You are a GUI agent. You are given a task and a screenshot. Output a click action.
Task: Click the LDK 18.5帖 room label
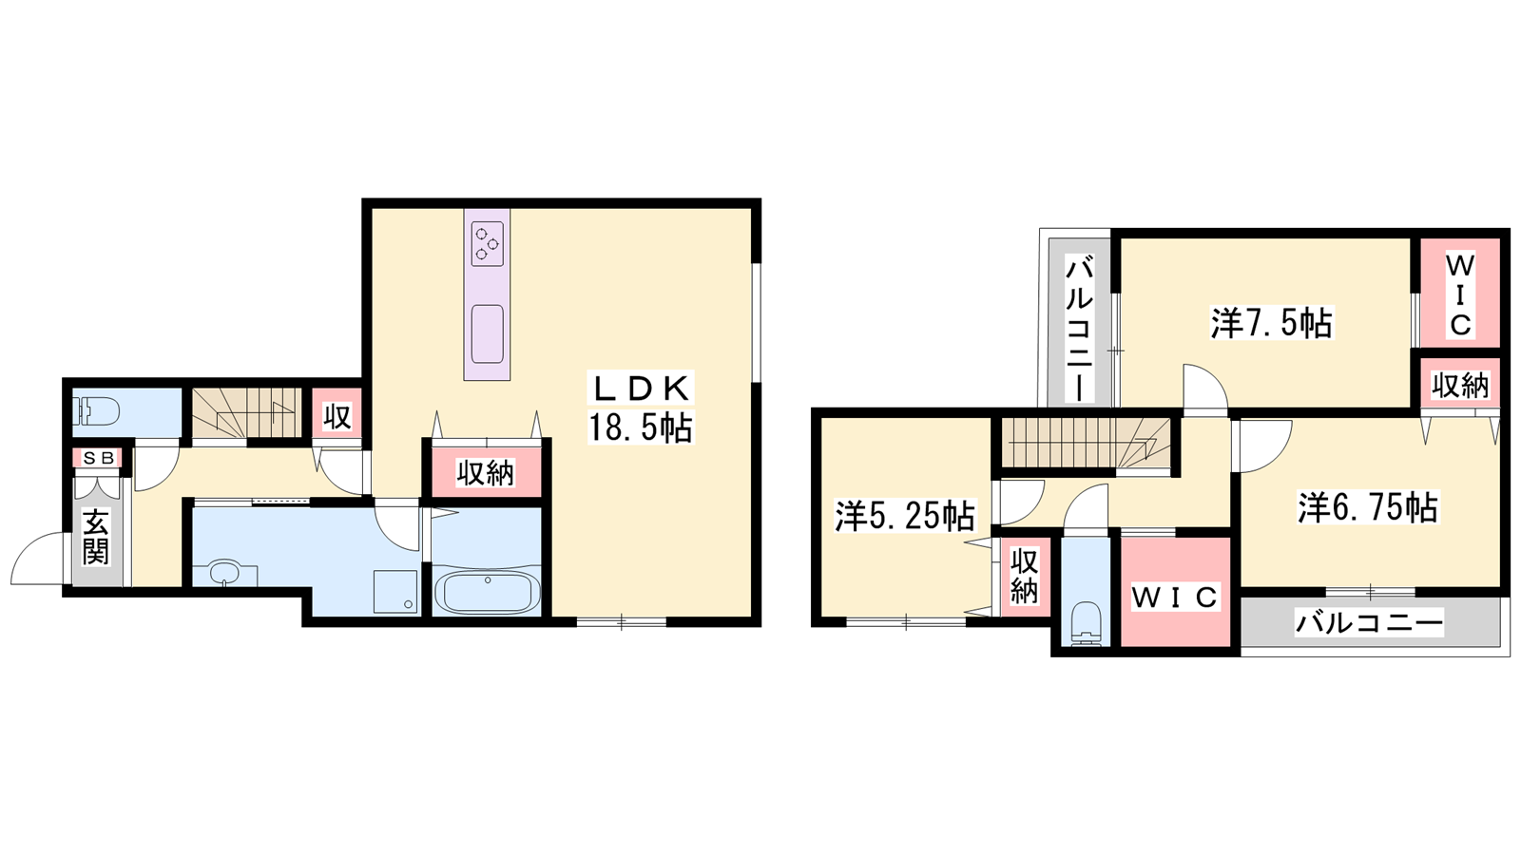click(641, 408)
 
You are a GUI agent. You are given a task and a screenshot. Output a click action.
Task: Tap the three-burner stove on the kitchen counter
click(488, 243)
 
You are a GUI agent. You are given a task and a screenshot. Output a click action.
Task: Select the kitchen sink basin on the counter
click(487, 333)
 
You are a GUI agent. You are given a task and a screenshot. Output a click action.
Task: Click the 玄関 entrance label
click(96, 537)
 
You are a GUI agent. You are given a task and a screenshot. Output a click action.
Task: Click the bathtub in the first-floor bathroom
click(487, 592)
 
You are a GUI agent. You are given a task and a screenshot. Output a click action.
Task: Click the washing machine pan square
click(395, 592)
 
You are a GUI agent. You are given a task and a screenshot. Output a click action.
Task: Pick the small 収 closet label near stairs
click(337, 417)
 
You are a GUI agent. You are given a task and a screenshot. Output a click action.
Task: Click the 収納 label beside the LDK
click(486, 473)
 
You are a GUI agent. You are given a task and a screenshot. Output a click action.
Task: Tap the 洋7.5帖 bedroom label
click(1270, 323)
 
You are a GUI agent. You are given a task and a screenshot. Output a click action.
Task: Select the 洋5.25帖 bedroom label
click(904, 516)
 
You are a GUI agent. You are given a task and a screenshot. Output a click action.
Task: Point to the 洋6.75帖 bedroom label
click(1368, 507)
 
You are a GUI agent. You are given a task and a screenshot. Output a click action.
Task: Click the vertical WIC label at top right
click(1459, 295)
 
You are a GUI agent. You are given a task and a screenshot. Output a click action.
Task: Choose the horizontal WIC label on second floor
click(1175, 598)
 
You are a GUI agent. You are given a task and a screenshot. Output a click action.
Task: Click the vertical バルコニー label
click(1079, 328)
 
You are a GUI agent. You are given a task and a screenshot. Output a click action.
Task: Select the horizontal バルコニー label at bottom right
click(1369, 622)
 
